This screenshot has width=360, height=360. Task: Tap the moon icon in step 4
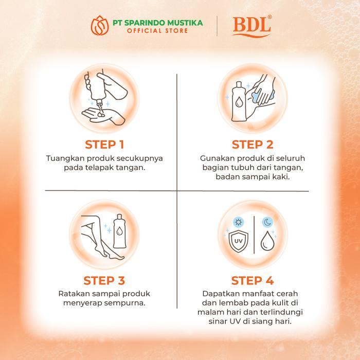point(267,222)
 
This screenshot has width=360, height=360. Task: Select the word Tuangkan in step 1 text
point(63,158)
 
